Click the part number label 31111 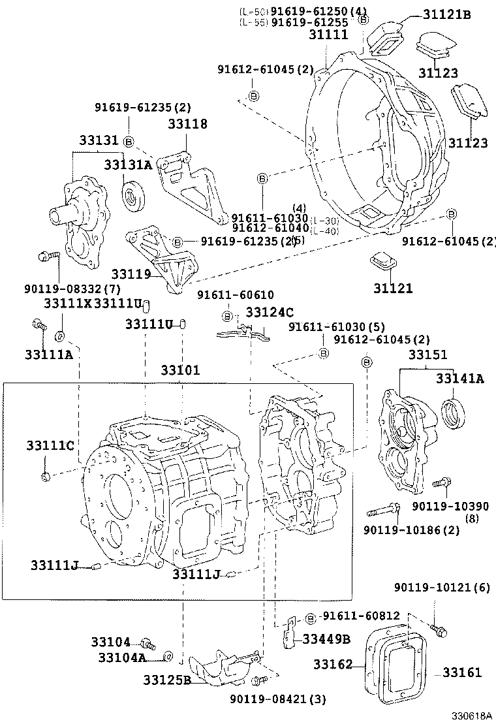[x=328, y=35]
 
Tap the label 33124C [x=270, y=312]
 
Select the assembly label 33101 [x=180, y=370]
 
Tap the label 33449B [x=327, y=639]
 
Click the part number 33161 [x=462, y=672]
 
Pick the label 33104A [x=122, y=657]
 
